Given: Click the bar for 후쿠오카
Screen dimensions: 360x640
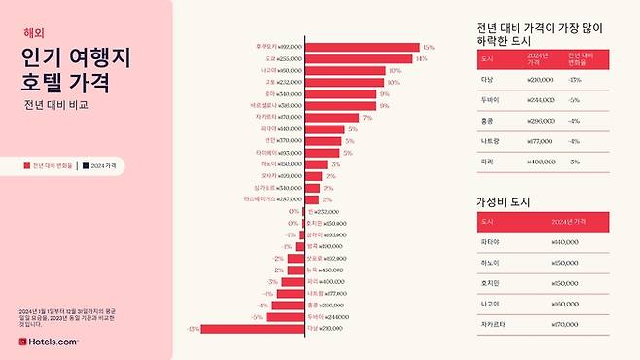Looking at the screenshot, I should (361, 46).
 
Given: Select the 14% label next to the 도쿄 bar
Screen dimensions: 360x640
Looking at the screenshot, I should (421, 58).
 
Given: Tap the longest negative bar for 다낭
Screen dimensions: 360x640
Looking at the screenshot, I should (253, 329).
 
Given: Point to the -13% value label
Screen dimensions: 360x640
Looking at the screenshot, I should (193, 329).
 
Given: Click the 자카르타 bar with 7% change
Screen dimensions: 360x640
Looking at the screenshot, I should (331, 117).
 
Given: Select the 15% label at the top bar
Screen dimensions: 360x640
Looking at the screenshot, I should (428, 46).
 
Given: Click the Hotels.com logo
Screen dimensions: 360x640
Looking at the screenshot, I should (49, 342).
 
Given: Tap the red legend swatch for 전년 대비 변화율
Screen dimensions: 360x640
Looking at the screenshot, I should (27, 166).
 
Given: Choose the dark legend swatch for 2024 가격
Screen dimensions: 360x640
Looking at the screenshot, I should (86, 166).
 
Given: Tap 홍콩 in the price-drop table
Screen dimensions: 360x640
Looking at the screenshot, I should (488, 120).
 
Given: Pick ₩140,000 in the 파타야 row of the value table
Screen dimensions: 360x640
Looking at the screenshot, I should (538, 243).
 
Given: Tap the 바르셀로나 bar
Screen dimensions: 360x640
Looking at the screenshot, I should (339, 105).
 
